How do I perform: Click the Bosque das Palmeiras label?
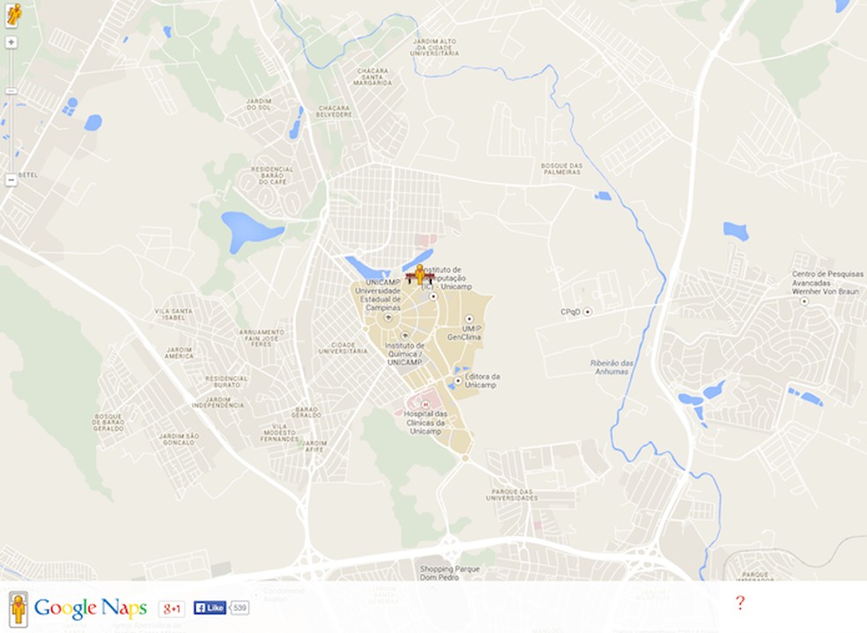(x=561, y=168)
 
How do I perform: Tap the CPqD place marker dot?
(x=588, y=312)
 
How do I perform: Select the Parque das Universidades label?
(x=514, y=495)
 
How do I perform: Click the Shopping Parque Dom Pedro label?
(x=449, y=571)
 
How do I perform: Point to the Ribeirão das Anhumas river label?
(x=611, y=367)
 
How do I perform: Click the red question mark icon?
(x=740, y=602)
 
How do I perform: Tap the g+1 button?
(x=171, y=608)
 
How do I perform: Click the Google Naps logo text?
(x=90, y=608)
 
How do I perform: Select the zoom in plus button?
(x=11, y=41)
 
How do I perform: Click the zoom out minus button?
(x=11, y=180)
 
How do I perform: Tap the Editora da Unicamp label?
(x=482, y=380)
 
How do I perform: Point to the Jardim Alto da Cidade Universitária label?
(x=434, y=47)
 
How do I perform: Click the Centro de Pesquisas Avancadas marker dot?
(x=803, y=301)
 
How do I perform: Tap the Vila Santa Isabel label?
(x=173, y=314)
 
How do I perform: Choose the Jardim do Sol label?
(x=258, y=105)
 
